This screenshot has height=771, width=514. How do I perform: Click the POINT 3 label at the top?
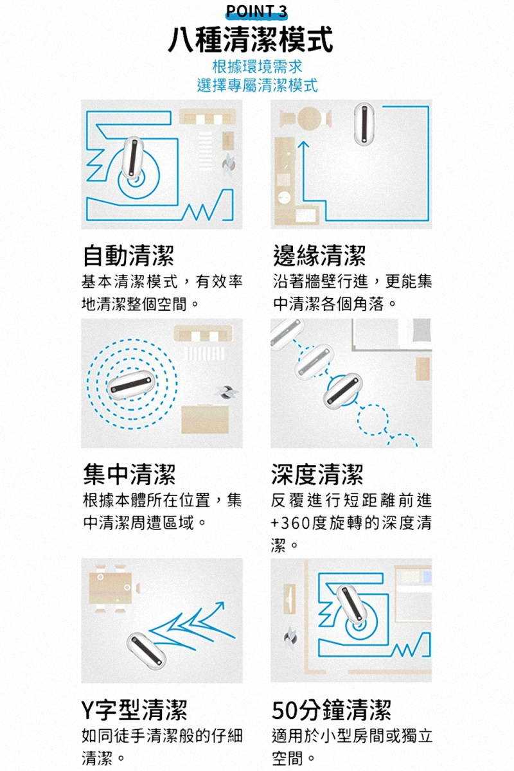click(256, 11)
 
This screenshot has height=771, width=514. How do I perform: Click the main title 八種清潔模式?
click(251, 40)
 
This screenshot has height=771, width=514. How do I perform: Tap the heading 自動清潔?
click(128, 256)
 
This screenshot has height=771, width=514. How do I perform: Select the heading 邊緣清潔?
click(319, 256)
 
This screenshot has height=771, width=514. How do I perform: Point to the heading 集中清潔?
click(129, 474)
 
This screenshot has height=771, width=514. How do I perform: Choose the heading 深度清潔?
click(317, 474)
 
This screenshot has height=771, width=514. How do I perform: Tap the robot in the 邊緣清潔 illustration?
click(364, 123)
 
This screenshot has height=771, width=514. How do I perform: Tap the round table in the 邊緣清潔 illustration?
click(309, 118)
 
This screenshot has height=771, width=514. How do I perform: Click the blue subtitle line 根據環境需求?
click(257, 66)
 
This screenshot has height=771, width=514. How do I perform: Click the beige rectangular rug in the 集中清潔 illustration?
click(205, 420)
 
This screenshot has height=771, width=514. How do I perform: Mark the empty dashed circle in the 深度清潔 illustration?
click(373, 420)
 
